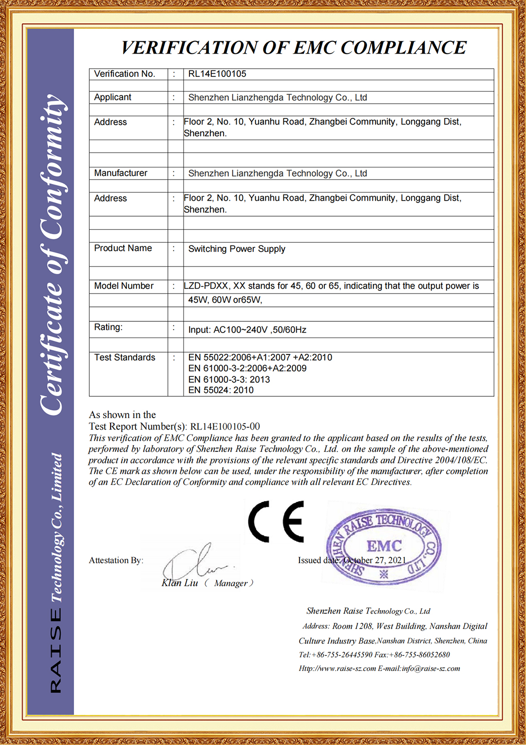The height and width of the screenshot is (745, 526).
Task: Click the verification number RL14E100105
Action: click(x=217, y=74)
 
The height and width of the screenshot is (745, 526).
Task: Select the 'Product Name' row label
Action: click(x=123, y=248)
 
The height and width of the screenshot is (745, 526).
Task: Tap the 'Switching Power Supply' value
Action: click(x=237, y=249)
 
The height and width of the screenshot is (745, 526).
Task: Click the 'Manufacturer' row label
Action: click(x=120, y=173)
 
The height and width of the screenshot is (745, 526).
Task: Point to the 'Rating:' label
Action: click(x=108, y=327)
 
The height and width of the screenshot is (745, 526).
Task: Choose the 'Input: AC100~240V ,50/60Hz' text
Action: click(x=247, y=330)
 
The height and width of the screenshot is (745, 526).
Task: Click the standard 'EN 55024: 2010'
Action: click(x=221, y=390)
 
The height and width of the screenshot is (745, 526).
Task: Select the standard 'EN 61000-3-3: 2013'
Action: click(x=229, y=379)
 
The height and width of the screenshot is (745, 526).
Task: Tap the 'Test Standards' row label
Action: click(x=125, y=357)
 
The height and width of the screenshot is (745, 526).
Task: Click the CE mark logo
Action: click(x=276, y=521)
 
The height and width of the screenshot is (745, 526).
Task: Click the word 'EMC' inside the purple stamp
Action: click(x=384, y=546)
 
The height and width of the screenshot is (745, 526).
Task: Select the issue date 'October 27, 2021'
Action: click(x=375, y=560)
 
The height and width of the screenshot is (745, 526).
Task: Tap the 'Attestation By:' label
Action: click(x=116, y=560)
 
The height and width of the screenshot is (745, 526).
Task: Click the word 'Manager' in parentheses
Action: click(x=231, y=583)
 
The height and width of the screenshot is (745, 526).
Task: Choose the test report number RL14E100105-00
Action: click(x=225, y=427)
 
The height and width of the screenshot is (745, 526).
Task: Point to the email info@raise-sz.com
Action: click(x=431, y=669)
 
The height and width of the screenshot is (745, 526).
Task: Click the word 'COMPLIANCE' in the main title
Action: click(x=403, y=48)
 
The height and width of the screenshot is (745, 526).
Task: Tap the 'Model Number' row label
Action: click(x=124, y=286)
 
